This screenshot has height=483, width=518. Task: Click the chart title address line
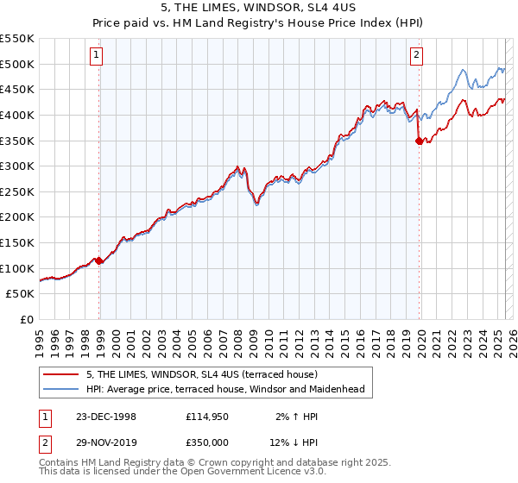[x=259, y=9]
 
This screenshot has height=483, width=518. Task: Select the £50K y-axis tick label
[x=21, y=294]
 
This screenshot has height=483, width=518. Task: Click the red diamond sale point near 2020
[x=419, y=141]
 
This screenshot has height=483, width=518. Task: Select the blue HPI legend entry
[x=225, y=389]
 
